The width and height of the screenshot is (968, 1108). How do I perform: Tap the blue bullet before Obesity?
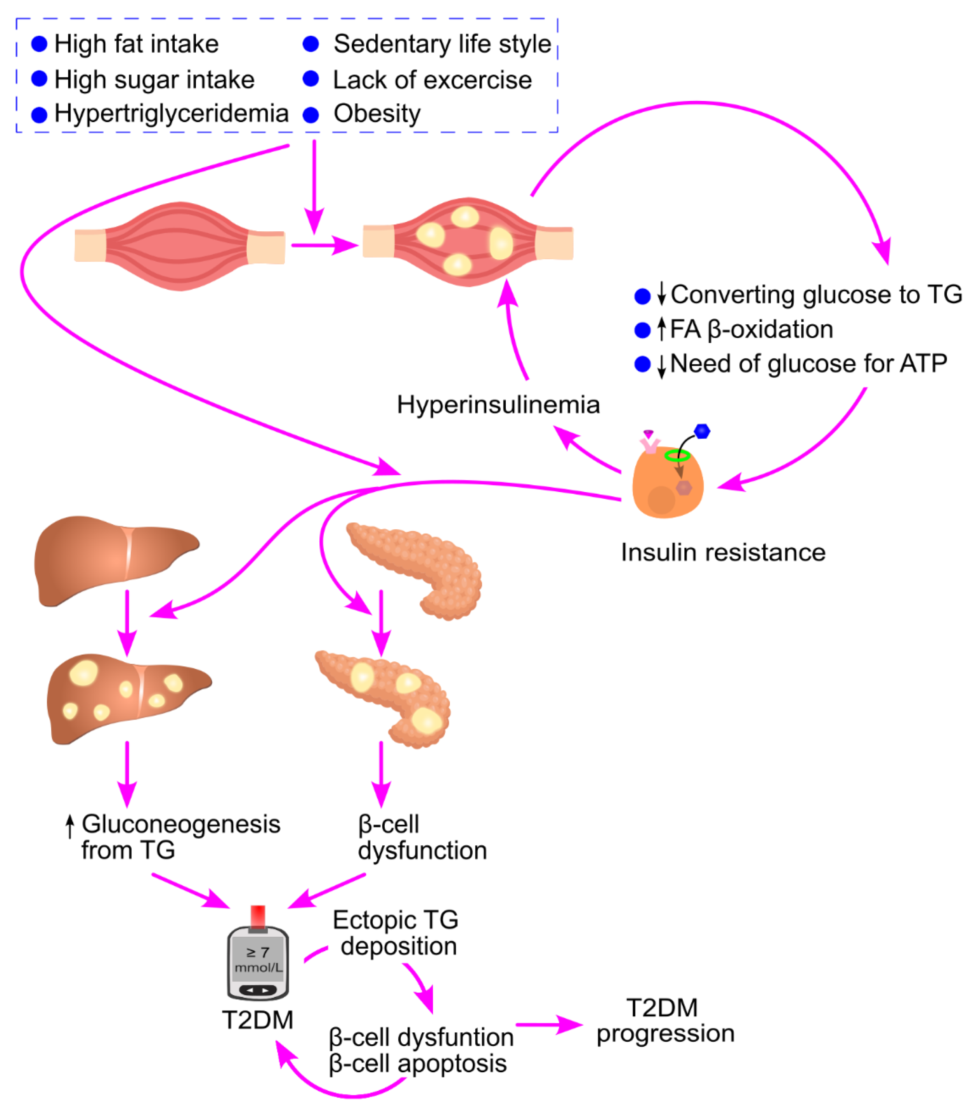[x=311, y=114]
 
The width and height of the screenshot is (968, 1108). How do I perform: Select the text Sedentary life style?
[x=442, y=44]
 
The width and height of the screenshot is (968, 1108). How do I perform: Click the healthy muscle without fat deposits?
[x=179, y=246]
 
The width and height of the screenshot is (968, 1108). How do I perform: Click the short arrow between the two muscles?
[x=324, y=245]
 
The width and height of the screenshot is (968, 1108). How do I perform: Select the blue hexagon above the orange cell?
[x=702, y=431]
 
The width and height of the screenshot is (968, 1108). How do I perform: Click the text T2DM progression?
[x=664, y=1020]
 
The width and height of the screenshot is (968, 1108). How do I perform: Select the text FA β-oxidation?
[x=751, y=329]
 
